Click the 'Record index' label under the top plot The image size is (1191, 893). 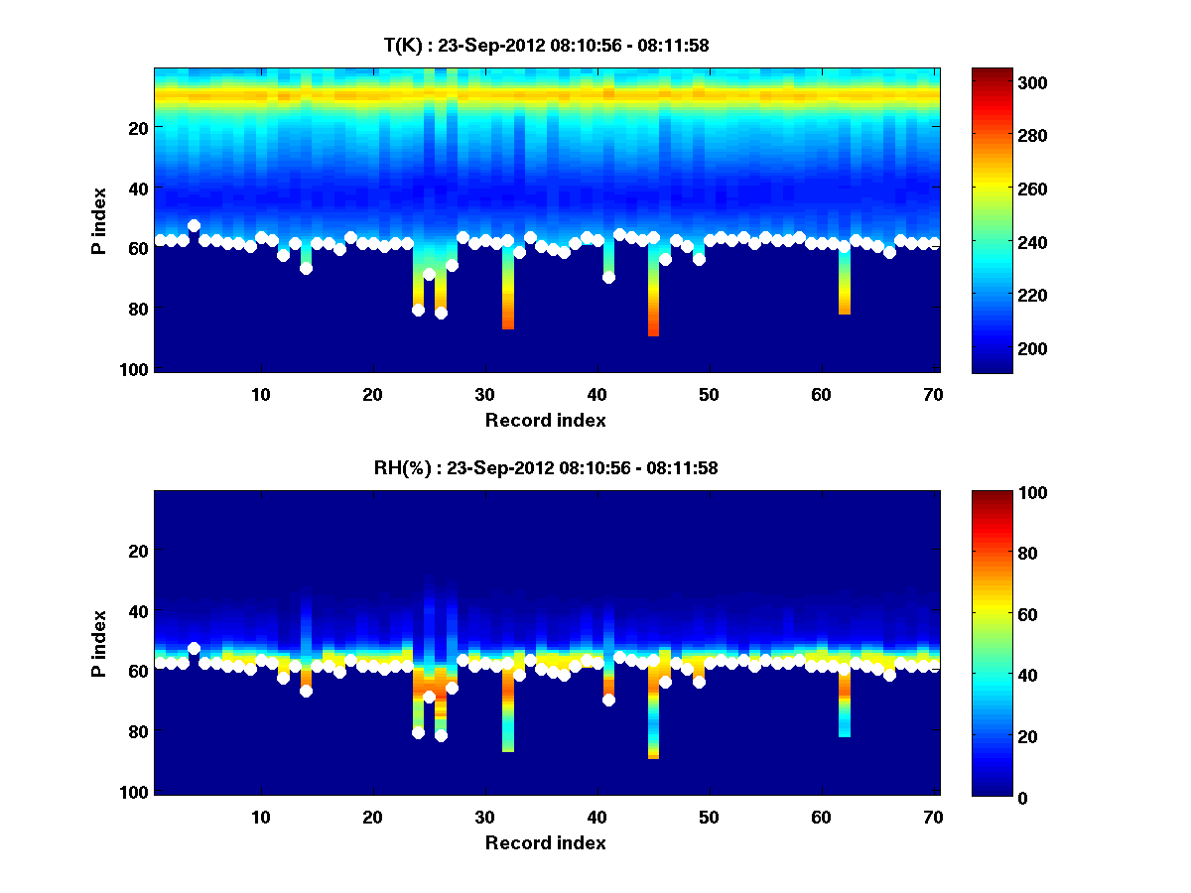click(545, 420)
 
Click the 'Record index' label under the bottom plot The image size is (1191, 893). click(545, 843)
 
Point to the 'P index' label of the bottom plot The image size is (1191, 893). click(99, 643)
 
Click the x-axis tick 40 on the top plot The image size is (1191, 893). click(597, 394)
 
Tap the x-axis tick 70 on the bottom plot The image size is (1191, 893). click(934, 818)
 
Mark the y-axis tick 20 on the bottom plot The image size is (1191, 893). click(139, 551)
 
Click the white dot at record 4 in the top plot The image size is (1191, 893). click(194, 226)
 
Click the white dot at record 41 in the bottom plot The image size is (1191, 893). click(608, 701)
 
